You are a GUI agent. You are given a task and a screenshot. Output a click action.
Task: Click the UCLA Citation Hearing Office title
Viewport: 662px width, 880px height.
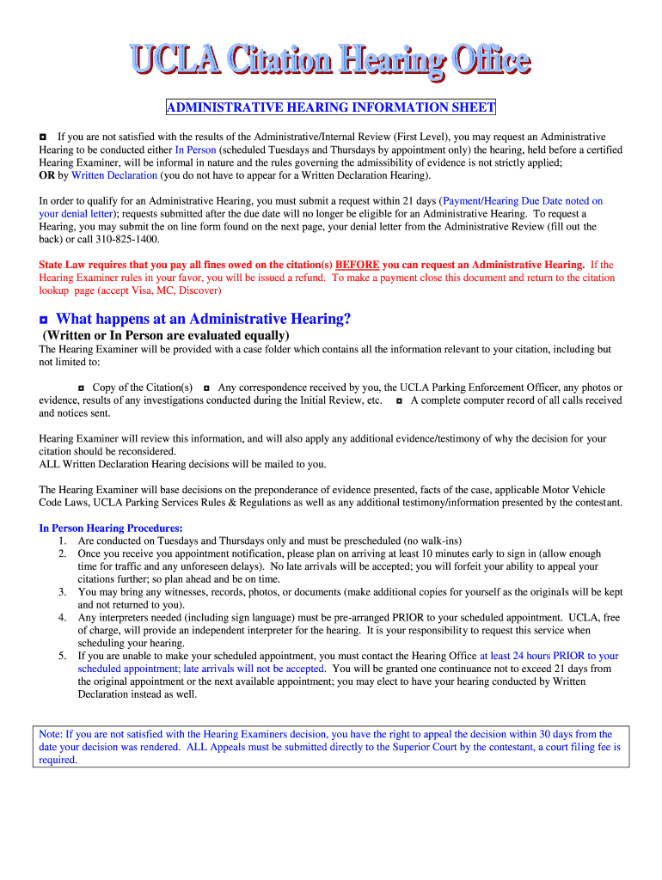click(331, 60)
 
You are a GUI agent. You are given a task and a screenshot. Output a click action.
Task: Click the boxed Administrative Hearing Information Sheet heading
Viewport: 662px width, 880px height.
click(331, 107)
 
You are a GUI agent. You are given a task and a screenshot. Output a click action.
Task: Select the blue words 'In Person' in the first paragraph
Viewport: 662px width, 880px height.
click(195, 150)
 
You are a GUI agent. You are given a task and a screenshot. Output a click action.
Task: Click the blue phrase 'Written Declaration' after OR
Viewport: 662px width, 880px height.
click(114, 175)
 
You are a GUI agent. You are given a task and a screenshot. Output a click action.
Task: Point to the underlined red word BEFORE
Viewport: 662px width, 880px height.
click(357, 265)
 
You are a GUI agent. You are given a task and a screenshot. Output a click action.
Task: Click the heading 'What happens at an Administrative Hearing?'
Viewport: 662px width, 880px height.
click(204, 319)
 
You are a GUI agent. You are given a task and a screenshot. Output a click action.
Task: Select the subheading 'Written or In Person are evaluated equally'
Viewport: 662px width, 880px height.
click(166, 335)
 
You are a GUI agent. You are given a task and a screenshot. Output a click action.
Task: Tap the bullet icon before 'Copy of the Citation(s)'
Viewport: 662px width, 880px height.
click(82, 388)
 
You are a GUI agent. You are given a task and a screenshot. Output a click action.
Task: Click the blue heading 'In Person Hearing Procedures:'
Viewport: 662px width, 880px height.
click(111, 529)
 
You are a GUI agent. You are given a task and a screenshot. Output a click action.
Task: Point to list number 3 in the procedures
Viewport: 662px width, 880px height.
click(63, 592)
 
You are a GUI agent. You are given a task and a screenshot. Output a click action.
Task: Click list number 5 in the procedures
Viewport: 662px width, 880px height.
click(63, 656)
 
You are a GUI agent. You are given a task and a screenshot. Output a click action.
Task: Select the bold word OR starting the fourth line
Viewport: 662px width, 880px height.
click(47, 175)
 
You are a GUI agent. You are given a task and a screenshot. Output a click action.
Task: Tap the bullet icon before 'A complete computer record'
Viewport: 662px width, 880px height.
click(400, 400)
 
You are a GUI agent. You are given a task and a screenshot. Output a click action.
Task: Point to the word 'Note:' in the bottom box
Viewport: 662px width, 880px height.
click(51, 735)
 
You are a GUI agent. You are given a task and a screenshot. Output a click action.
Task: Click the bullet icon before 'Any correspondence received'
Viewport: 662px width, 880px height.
click(207, 388)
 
